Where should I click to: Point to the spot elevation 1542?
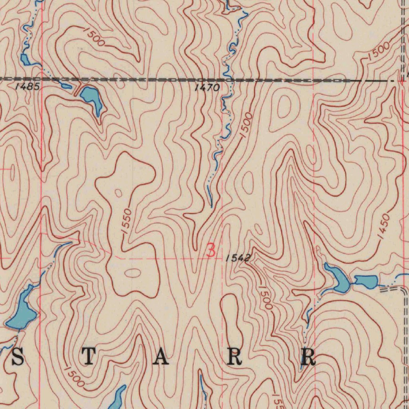click(x=238, y=258)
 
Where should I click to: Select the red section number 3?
click(x=211, y=251)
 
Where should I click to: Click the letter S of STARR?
click(x=18, y=357)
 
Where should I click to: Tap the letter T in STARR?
click(x=89, y=357)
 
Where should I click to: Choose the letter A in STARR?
click(x=161, y=357)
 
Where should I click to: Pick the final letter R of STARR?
click(x=308, y=357)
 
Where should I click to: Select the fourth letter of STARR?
click(x=234, y=357)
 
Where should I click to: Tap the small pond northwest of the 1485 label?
click(x=25, y=60)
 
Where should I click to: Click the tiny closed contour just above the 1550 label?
click(x=118, y=193)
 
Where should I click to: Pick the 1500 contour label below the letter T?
click(x=74, y=377)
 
